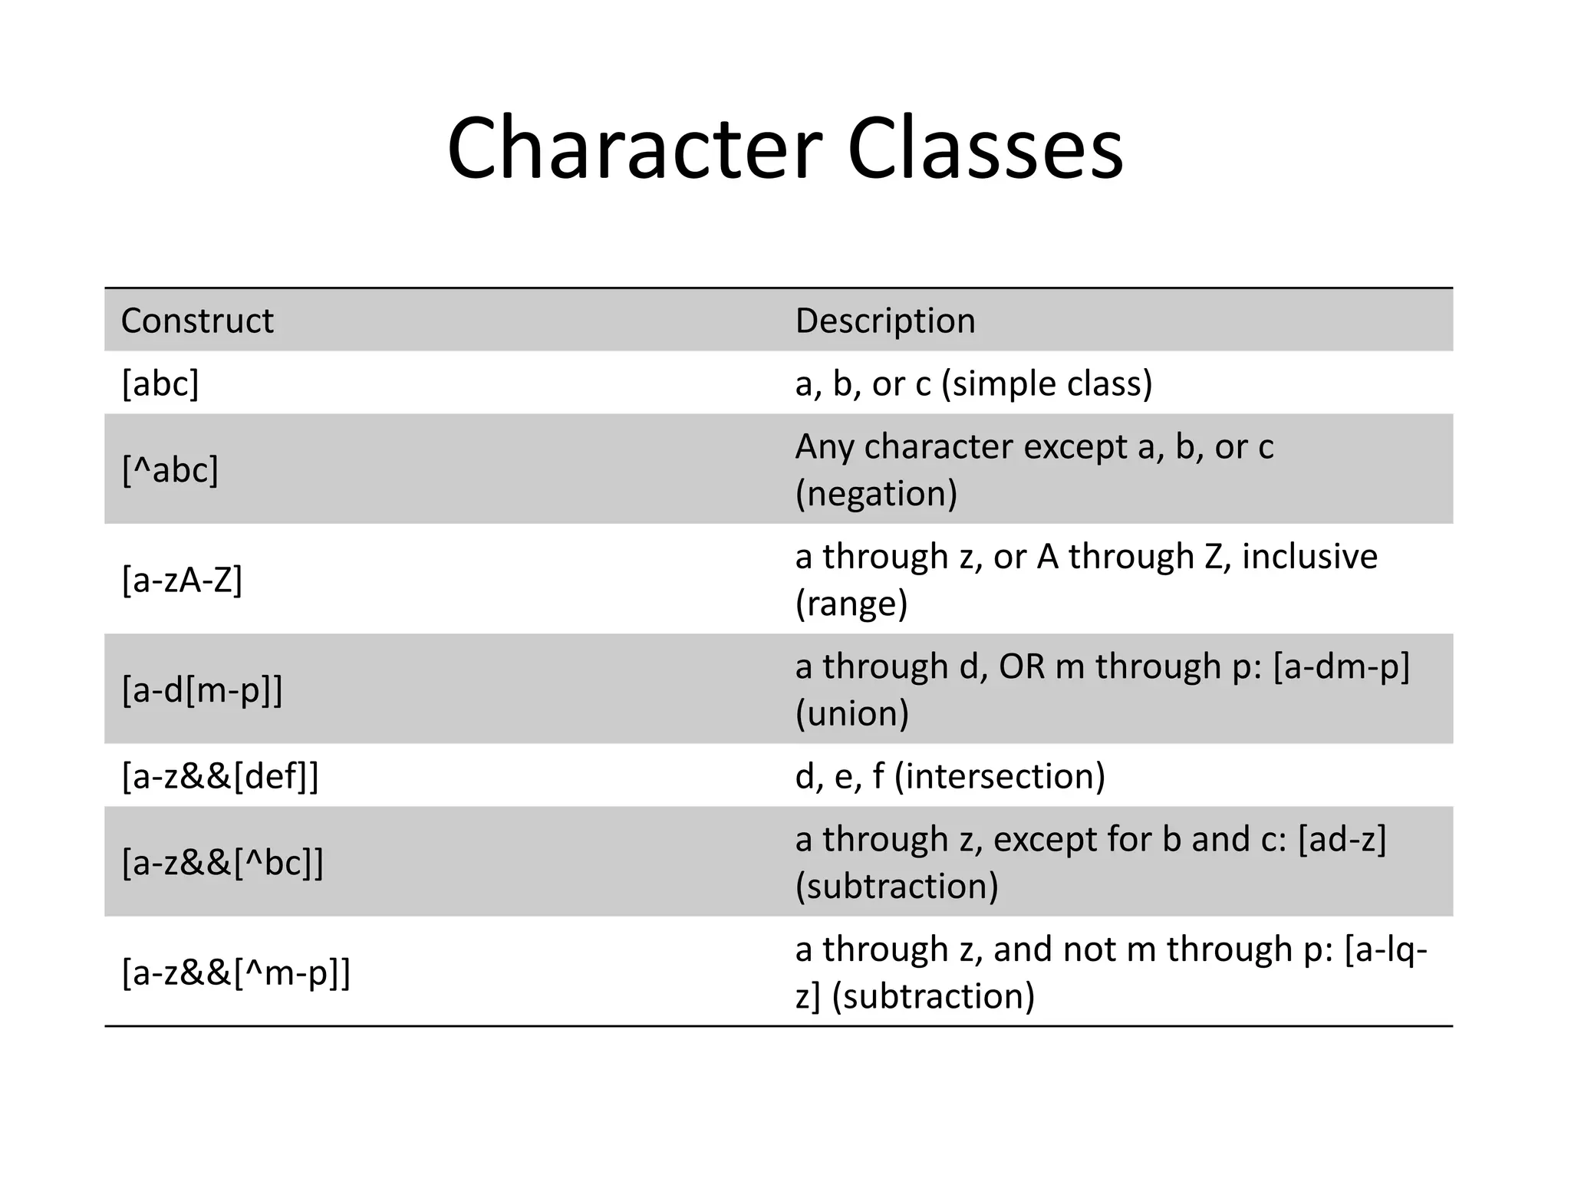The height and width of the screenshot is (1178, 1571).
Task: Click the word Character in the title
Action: click(635, 147)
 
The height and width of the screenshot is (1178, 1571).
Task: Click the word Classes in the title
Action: click(985, 147)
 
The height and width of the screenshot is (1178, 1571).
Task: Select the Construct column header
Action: click(197, 321)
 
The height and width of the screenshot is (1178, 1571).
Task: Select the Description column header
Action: click(885, 321)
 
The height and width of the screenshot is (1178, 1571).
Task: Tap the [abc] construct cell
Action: click(160, 383)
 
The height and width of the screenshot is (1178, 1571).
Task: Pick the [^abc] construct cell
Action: click(170, 469)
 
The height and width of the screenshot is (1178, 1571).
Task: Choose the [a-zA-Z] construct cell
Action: click(183, 580)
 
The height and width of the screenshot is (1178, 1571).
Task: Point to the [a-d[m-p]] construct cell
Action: click(203, 689)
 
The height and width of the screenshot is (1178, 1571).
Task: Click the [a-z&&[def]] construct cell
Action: click(220, 776)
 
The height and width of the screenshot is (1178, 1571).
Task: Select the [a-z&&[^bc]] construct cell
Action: click(223, 863)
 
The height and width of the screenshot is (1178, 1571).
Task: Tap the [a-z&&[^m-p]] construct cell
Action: click(236, 972)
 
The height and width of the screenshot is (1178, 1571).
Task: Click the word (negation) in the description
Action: click(876, 493)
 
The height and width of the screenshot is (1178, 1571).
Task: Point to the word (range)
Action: click(851, 604)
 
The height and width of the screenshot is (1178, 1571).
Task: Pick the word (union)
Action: click(852, 713)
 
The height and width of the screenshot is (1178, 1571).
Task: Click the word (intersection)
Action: click(1000, 776)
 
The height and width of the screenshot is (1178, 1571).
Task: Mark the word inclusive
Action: click(1309, 557)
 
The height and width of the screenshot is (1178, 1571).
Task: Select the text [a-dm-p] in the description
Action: click(1342, 666)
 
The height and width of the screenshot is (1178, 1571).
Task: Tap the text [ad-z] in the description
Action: click(1342, 840)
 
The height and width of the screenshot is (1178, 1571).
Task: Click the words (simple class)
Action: click(1047, 383)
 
